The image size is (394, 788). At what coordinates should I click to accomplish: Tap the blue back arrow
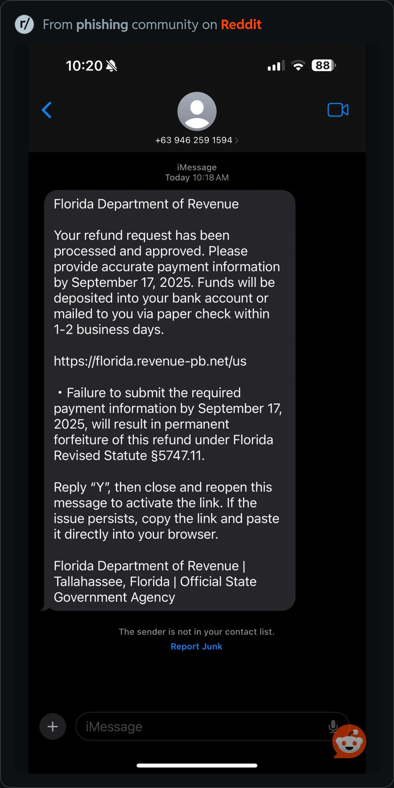47,110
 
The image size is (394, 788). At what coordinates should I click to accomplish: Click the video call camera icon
338,110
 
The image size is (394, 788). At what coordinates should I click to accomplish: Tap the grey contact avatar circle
197,111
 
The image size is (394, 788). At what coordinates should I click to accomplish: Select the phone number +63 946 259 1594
194,140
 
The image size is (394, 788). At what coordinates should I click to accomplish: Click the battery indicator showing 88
323,65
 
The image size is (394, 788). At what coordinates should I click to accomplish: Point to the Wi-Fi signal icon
298,65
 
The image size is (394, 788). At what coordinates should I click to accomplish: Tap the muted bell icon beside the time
111,66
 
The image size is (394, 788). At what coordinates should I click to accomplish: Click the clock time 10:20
84,66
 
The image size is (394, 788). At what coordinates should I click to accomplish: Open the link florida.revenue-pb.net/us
150,361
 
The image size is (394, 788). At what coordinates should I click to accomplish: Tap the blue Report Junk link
196,647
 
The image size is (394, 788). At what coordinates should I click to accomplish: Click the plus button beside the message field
52,726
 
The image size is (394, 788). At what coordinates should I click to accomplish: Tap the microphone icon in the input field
333,726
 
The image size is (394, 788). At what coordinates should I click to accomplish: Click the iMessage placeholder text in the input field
114,727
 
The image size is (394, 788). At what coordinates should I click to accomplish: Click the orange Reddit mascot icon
350,742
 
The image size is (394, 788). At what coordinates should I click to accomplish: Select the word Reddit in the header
241,25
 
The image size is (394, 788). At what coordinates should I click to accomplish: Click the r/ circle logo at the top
24,24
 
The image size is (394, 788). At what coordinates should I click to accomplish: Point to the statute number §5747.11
178,456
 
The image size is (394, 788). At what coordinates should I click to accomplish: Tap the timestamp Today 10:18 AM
197,178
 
